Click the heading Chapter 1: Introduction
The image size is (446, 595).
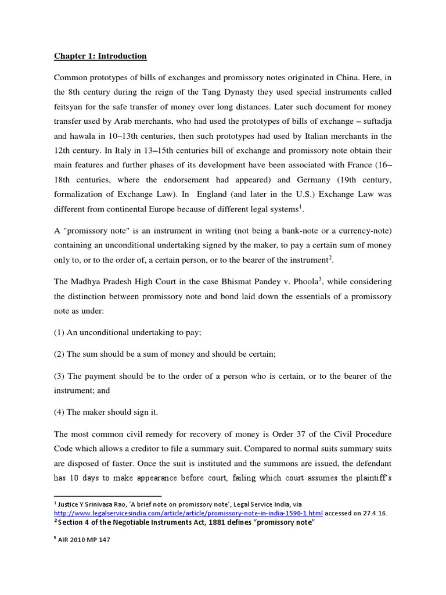tap(100, 56)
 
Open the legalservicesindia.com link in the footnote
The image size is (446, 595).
tap(188, 514)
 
